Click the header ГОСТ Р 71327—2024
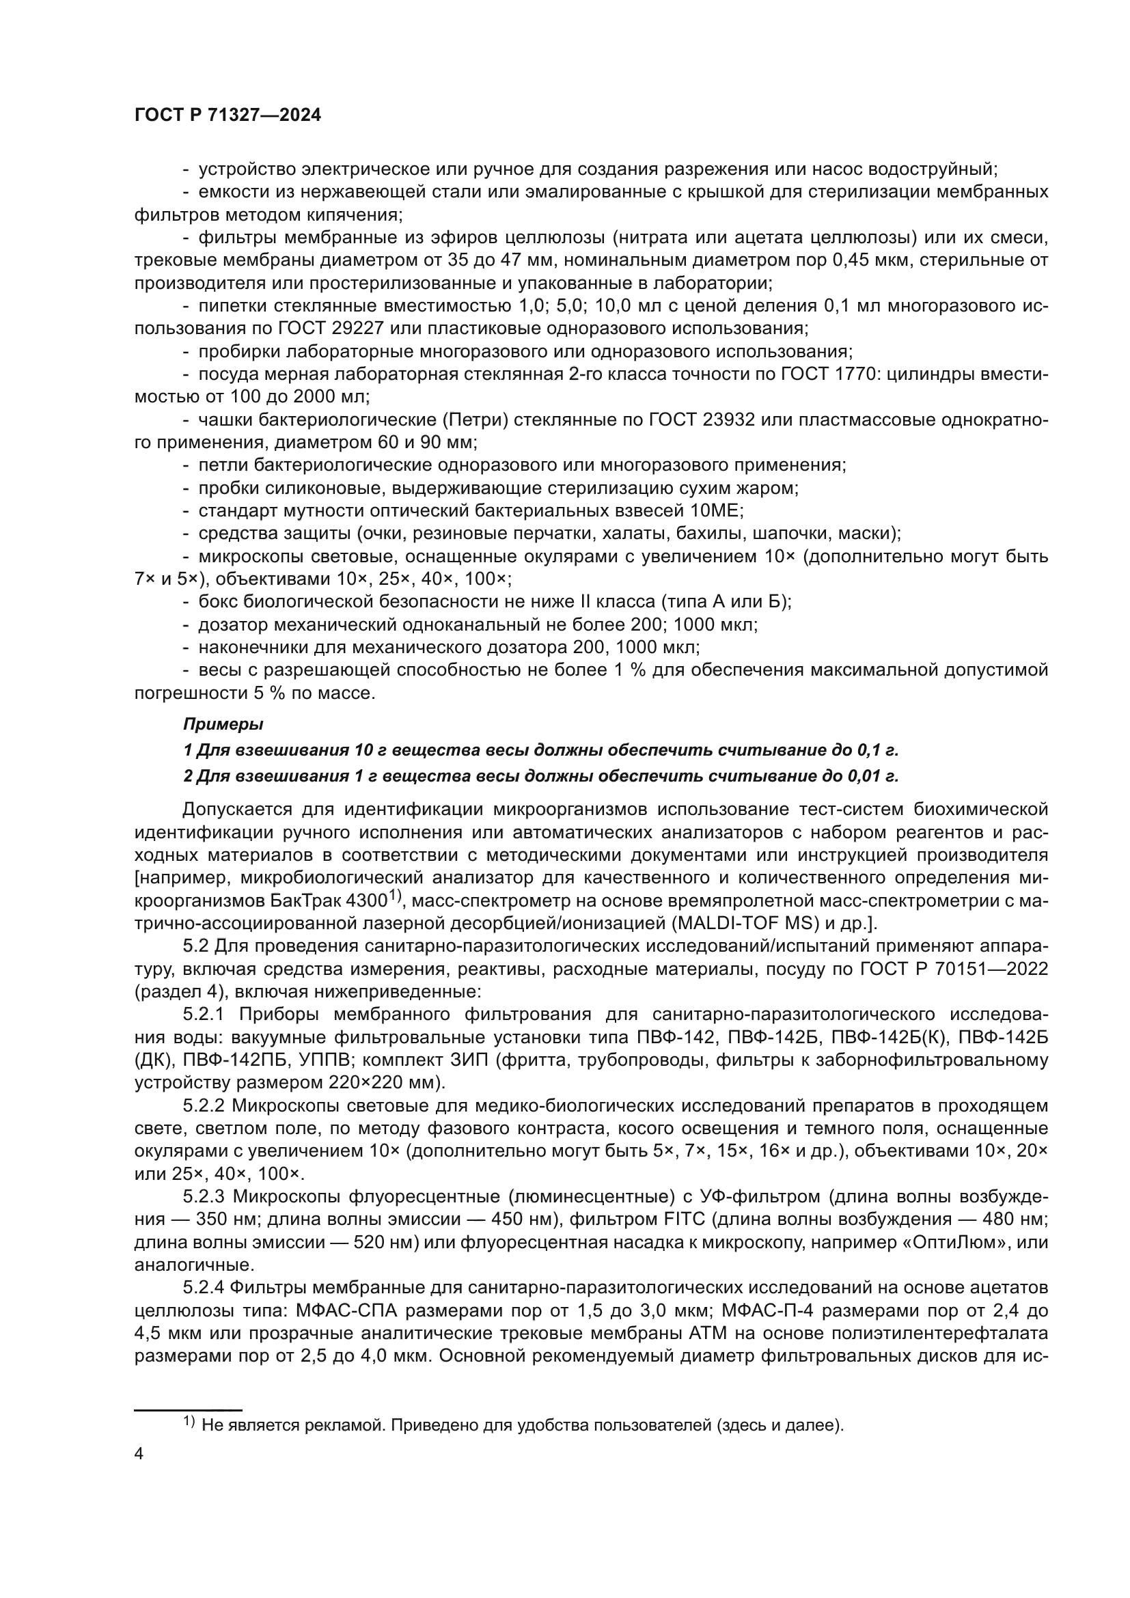(x=228, y=115)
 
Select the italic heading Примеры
(x=223, y=724)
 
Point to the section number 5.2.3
(x=206, y=1197)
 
